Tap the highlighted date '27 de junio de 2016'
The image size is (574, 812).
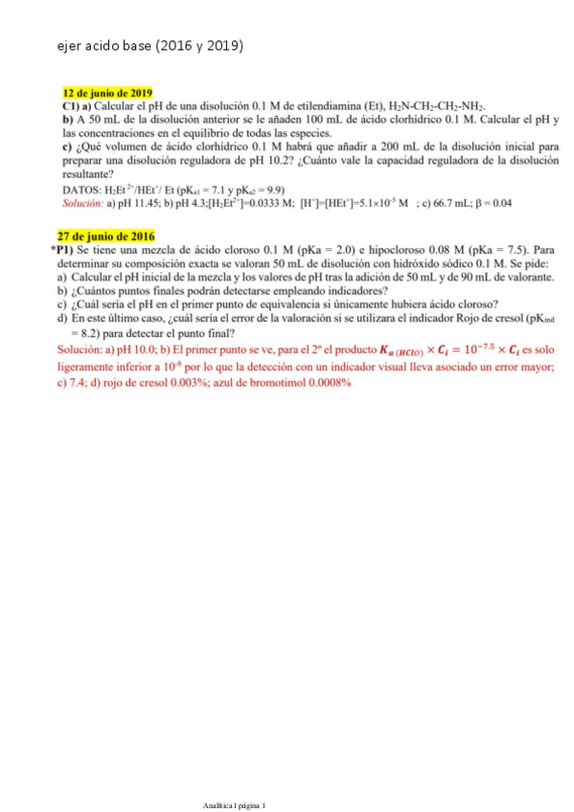(104, 236)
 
